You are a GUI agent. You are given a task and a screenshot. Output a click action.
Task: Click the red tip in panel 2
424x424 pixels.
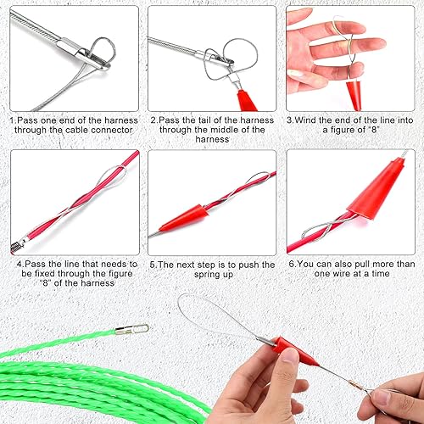[247, 100]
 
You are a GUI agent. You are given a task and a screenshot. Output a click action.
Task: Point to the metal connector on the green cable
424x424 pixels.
[132, 329]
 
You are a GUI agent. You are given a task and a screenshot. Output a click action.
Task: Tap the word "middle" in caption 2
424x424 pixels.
[231, 130]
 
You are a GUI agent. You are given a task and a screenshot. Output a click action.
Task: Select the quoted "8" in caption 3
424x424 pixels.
[373, 130]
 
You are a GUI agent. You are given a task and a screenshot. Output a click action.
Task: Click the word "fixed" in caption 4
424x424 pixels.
[45, 274]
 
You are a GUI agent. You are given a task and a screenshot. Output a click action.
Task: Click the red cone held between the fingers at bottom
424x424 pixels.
[297, 352]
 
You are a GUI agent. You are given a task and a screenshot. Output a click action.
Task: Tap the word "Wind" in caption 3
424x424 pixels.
[305, 120]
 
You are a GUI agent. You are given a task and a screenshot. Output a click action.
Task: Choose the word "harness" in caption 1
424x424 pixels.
[121, 120]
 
